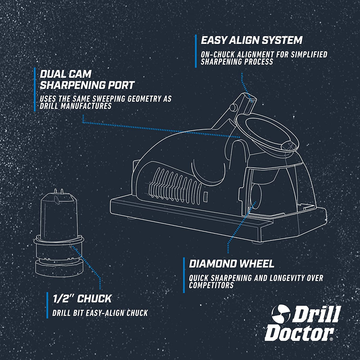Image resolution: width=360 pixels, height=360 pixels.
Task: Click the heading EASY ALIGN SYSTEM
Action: click(251, 40)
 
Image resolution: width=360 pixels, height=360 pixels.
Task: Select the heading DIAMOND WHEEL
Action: click(231, 263)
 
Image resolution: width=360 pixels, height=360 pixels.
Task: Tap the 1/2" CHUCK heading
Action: click(82, 298)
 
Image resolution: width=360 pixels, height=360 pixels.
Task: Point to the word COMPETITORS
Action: click(211, 285)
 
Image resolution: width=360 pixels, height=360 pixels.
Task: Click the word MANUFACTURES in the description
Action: click(86, 107)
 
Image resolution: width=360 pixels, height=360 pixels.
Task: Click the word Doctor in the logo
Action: click(299, 333)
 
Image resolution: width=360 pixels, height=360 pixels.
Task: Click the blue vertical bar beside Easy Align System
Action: click(196, 51)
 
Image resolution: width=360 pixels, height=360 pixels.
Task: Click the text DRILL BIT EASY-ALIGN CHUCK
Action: click(100, 313)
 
